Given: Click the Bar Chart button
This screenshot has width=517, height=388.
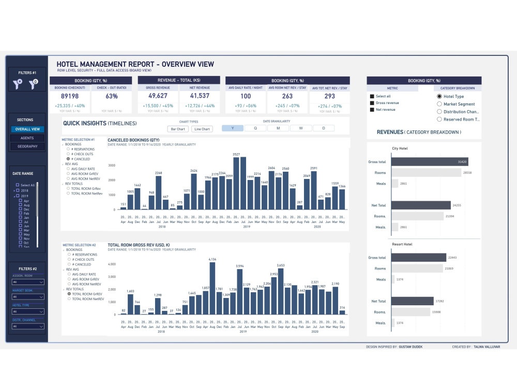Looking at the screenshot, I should [x=177, y=129].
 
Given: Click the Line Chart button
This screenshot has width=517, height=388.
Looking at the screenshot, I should [x=202, y=129].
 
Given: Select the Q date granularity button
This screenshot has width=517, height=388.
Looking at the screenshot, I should [x=255, y=128].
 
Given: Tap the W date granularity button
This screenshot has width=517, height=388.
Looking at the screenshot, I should [x=300, y=128].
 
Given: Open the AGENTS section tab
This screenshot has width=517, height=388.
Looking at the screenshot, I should [x=27, y=138].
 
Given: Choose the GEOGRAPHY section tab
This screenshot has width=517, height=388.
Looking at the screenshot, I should [x=27, y=146].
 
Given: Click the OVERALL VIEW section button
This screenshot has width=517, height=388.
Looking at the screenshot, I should [x=27, y=129].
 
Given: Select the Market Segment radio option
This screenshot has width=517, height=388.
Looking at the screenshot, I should [x=439, y=104].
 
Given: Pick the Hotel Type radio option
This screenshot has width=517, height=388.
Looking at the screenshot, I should [x=439, y=96].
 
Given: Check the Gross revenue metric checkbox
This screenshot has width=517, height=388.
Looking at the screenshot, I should [x=372, y=103].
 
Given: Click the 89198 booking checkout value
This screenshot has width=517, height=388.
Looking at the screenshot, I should [x=70, y=96].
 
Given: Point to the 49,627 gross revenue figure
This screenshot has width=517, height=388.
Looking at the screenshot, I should [x=158, y=96].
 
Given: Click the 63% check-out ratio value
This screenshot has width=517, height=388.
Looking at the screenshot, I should [x=112, y=96].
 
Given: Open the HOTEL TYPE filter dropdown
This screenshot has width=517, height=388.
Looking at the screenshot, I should [x=27, y=311].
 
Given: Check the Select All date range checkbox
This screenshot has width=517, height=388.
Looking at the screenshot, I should [x=18, y=185].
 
